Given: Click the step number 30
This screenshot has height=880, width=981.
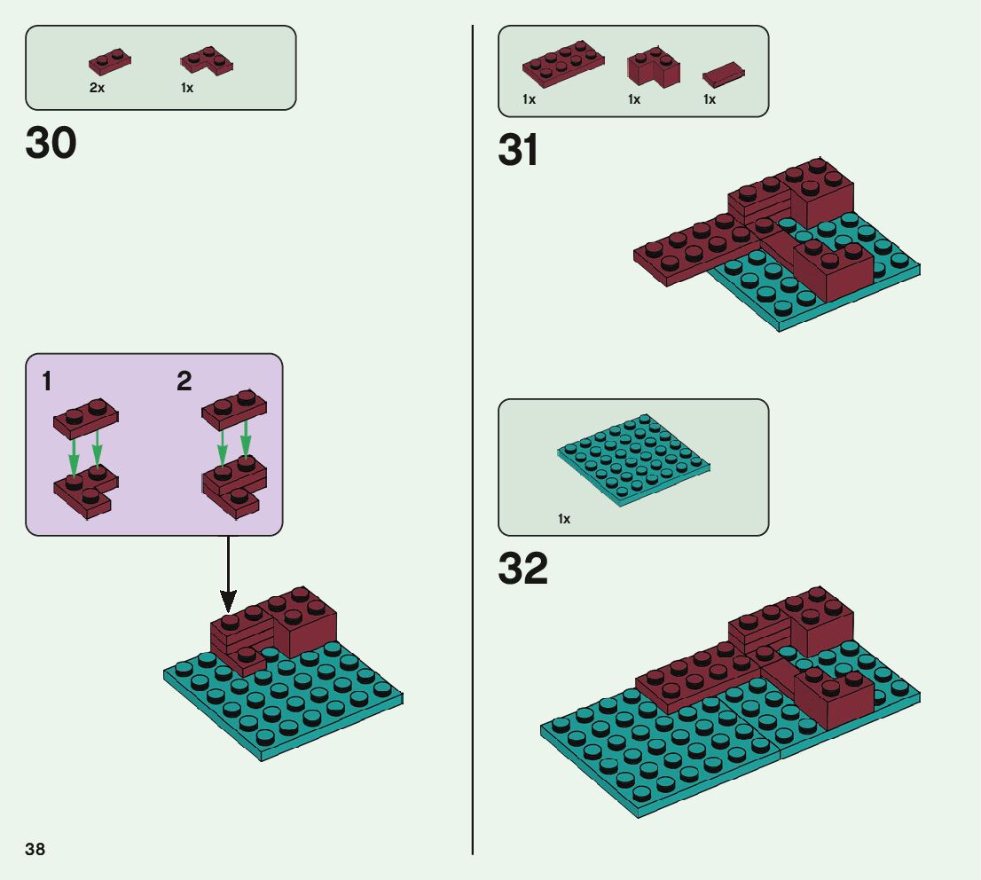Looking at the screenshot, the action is coord(51,143).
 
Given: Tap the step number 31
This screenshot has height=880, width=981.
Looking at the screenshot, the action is coord(518,150).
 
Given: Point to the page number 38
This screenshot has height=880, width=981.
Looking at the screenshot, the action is coord(35,849).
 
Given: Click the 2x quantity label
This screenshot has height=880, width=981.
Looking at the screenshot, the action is coord(97,89).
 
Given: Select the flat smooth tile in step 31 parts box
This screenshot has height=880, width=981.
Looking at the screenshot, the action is coord(723,74).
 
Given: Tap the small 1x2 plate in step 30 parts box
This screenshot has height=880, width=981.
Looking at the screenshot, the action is coord(111,61).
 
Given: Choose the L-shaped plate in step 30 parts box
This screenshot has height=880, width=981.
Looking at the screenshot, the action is coord(208,61).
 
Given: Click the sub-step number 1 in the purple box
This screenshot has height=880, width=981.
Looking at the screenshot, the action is coord(46,382).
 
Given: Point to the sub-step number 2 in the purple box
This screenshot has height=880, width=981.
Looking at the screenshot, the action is coord(184,382).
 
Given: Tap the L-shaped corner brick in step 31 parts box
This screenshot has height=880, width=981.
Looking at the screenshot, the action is coord(654,67).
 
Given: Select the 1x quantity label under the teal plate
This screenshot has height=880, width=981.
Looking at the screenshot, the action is coord(564,519).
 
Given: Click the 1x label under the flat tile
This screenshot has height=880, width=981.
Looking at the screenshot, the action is coord(710,99).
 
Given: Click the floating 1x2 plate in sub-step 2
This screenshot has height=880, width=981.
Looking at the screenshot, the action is coord(234,407).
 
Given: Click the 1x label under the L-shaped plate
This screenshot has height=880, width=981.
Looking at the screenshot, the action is coord(187,89).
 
